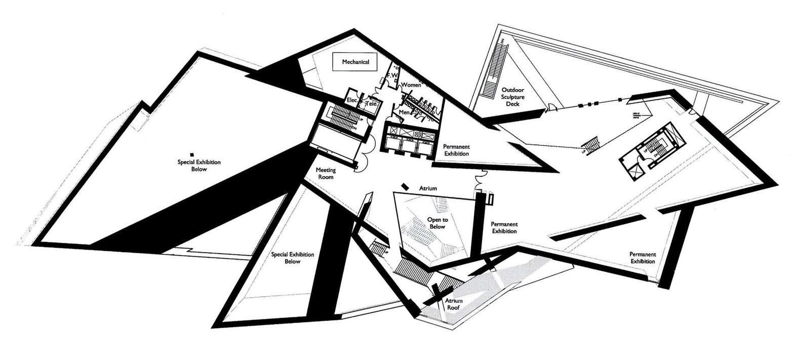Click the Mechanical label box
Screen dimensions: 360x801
pyautogui.click(x=355, y=62)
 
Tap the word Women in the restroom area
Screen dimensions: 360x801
pyautogui.click(x=411, y=85)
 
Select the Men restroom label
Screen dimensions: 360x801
pyautogui.click(x=404, y=111)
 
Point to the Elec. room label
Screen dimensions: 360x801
pyautogui.click(x=352, y=101)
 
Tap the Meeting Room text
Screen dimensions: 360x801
pyautogui.click(x=325, y=174)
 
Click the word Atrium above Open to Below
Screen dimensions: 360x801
pyautogui.click(x=428, y=188)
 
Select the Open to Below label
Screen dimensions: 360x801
pyautogui.click(x=437, y=223)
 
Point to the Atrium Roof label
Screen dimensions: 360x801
pyautogui.click(x=454, y=304)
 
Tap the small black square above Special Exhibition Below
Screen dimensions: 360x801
pyautogui.click(x=191, y=154)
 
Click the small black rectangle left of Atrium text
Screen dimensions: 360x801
pyautogui.click(x=405, y=186)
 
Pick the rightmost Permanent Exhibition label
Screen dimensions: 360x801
pyautogui.click(x=643, y=258)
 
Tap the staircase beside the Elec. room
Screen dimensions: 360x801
pyautogui.click(x=346, y=119)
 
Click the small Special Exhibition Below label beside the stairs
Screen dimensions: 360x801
pyautogui.click(x=292, y=258)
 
